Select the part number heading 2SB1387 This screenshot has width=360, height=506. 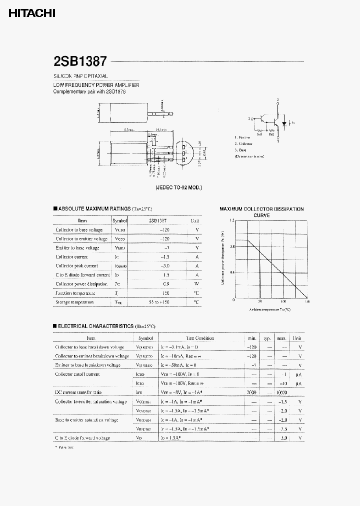80,61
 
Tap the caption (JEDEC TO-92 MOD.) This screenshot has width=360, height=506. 178,187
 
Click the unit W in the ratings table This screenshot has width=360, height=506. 196,284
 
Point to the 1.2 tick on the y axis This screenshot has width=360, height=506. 231,220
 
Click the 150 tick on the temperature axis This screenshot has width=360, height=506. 306,302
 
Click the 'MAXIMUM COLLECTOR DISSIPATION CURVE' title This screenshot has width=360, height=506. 261,212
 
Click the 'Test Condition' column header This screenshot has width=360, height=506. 200,338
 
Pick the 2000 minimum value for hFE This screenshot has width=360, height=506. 251,392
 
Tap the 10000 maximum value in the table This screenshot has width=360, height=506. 281,392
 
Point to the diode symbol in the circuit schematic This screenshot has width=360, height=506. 284,122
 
